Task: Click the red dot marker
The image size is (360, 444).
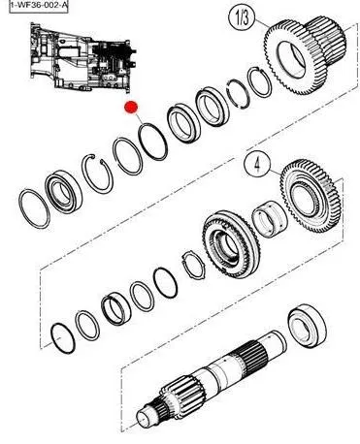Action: coord(131,108)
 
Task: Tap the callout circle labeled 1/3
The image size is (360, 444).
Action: coord(242,17)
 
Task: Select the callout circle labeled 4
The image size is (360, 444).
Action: coord(257,164)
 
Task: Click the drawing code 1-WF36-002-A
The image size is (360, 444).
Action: coord(39,6)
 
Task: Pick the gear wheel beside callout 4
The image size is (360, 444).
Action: coord(311,198)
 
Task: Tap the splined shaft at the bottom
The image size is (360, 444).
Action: coord(211,376)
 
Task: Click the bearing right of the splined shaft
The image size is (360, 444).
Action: coord(307,326)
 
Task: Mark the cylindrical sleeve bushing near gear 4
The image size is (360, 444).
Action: coord(269,218)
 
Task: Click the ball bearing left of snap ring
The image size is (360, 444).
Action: coord(63,193)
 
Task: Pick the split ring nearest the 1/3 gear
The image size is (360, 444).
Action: coord(260,82)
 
